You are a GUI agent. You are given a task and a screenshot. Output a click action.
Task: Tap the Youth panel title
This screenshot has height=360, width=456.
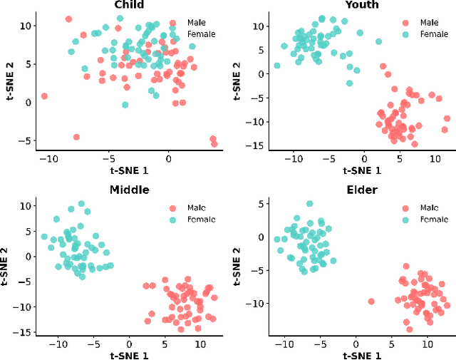[362, 5]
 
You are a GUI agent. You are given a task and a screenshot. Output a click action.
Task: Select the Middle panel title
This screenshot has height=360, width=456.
[129, 190]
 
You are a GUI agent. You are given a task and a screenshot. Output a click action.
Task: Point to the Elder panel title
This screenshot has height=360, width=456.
[363, 190]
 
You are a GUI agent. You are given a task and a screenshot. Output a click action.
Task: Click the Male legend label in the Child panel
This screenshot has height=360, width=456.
[197, 23]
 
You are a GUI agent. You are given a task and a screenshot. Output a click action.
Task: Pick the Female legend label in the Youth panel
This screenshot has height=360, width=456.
[434, 34]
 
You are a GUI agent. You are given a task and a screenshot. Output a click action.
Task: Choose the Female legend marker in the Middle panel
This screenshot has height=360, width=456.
[172, 220]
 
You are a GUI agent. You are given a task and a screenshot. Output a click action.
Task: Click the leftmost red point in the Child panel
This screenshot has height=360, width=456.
[44, 96]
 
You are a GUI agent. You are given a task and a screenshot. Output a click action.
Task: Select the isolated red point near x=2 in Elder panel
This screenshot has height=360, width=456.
[371, 302]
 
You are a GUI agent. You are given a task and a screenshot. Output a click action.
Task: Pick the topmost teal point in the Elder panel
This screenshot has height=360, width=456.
[309, 204]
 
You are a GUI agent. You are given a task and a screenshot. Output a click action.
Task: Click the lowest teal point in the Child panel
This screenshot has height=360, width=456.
[125, 105]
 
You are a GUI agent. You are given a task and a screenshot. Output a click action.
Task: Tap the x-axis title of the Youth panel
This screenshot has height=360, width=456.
[362, 170]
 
